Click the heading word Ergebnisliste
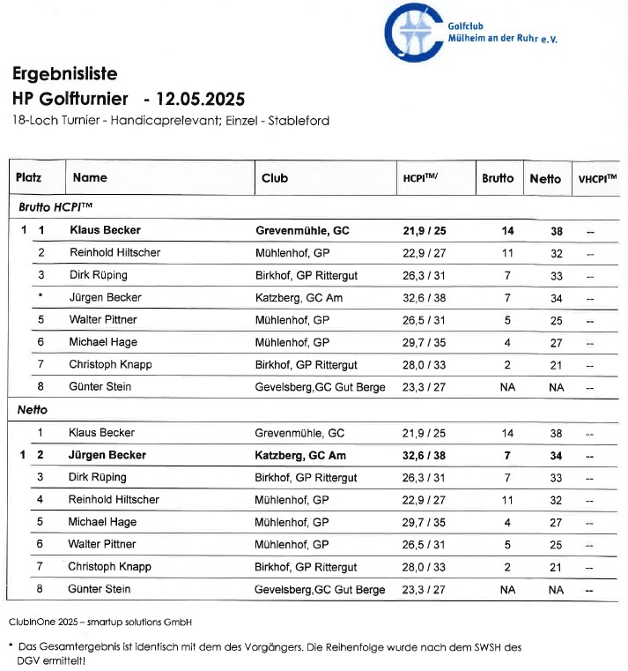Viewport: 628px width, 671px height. tap(64, 73)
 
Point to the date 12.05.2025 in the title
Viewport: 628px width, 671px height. tap(199, 97)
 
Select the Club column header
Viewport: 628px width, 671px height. tap(275, 178)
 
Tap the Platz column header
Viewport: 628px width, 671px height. tap(28, 178)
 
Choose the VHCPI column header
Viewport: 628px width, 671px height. tap(597, 179)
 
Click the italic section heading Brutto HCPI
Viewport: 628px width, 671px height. tap(55, 207)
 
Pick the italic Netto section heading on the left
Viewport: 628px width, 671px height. tap(33, 410)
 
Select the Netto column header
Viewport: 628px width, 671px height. tap(545, 178)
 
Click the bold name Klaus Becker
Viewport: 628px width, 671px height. tap(105, 230)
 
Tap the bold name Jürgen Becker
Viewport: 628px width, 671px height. tap(107, 455)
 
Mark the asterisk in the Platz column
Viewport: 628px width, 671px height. tap(41, 297)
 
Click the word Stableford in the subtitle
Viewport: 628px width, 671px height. tap(299, 121)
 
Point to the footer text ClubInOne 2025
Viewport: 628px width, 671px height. tap(49, 622)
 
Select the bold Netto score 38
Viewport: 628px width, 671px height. tap(556, 230)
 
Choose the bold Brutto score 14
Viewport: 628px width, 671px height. tap(507, 230)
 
